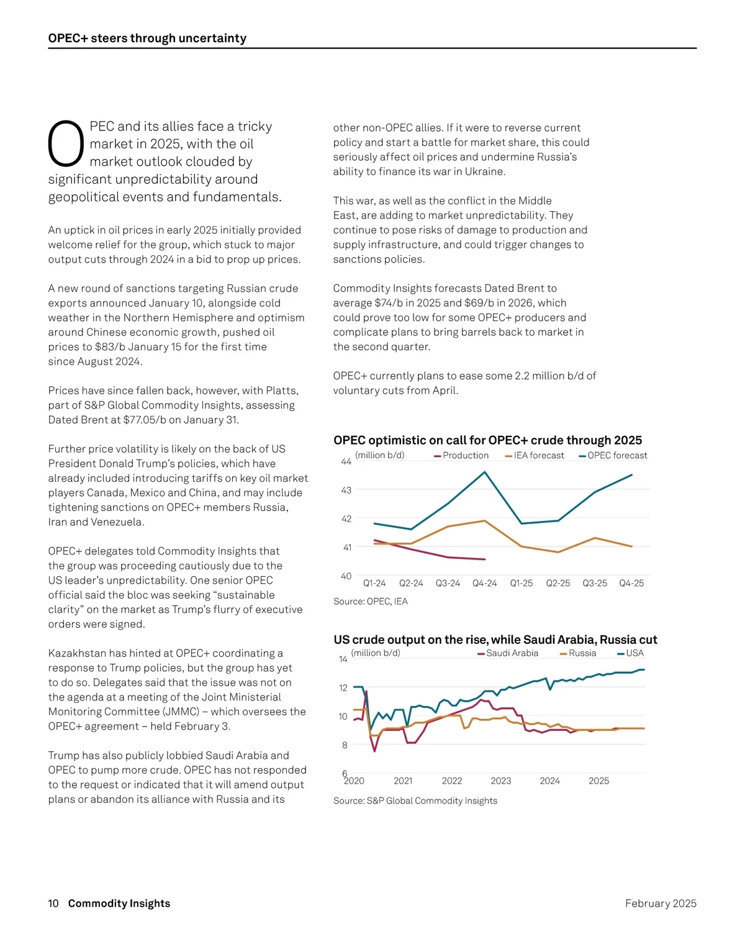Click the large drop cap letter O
pos(66,144)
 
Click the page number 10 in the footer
pos(53,904)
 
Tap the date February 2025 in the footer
pos(661,904)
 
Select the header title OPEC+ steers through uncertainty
pos(147,39)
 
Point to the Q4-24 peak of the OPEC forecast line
pos(485,472)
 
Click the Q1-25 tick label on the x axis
pos(521,583)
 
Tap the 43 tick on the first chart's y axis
pos(346,490)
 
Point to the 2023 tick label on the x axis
pos(501,781)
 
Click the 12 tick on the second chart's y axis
pos(343,687)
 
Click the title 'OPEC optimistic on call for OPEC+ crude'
pos(487,440)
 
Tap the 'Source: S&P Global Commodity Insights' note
pos(415,800)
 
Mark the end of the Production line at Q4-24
pos(485,560)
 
